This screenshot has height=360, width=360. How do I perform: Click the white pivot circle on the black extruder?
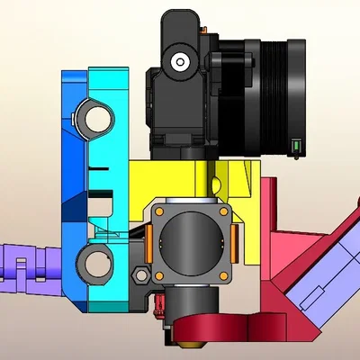pos(181,62)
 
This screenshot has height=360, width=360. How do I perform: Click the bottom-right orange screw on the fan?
pos(223,272)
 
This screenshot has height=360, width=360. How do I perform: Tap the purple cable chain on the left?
pos(27,267)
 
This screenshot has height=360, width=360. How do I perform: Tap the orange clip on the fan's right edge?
pos(236,240)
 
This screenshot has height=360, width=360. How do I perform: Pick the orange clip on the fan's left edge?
pos(147,241)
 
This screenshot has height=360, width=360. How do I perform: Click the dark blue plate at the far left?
pos(72,180)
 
